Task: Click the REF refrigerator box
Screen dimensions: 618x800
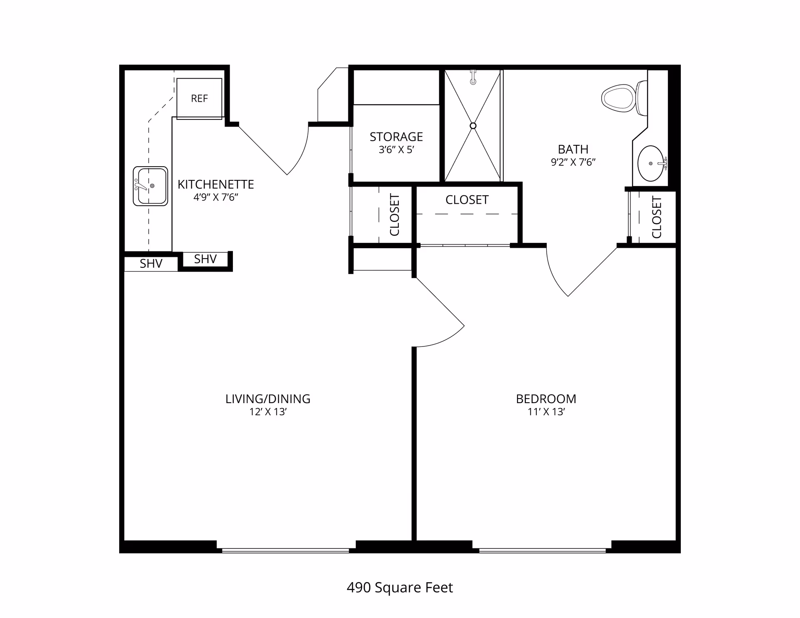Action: [199, 98]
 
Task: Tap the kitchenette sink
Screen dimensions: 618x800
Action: [150, 186]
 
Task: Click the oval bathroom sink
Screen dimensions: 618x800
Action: [651, 163]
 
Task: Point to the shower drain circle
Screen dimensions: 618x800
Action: [473, 126]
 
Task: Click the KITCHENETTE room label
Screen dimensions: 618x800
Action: [216, 184]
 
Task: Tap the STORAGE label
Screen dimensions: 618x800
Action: [396, 137]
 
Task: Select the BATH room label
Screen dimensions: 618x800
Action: [573, 149]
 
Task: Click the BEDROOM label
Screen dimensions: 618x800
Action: [546, 399]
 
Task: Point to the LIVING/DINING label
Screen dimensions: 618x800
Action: [268, 399]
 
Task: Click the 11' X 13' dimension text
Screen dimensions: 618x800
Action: [546, 412]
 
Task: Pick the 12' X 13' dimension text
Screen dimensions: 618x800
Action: [268, 412]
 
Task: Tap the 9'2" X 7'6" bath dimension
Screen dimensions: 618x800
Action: [573, 162]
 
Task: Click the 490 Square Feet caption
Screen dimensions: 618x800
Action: [400, 588]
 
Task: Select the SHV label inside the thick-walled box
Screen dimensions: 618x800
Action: [205, 259]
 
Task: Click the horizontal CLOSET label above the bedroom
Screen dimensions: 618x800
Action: [467, 200]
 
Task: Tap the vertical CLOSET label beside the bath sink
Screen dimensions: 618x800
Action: [657, 217]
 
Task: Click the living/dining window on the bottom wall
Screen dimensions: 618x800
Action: [285, 551]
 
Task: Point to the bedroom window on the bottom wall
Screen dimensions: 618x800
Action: [542, 551]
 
